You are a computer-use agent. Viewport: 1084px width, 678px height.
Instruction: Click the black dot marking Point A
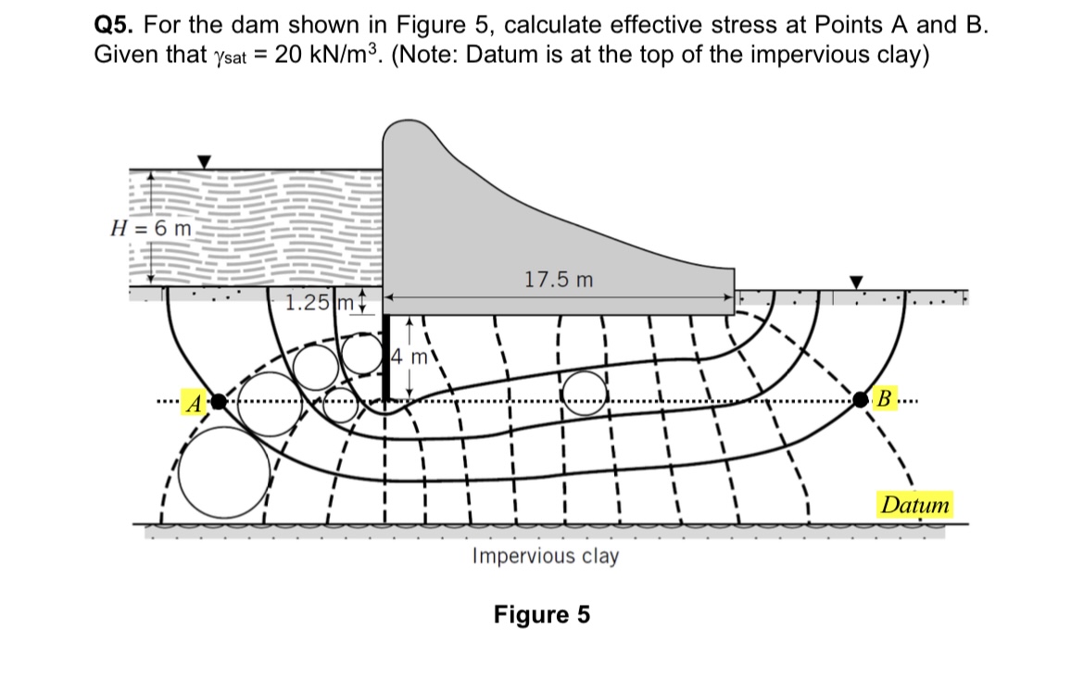point(219,402)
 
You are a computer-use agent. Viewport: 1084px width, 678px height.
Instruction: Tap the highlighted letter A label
point(195,403)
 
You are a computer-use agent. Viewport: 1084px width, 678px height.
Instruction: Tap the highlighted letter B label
point(884,400)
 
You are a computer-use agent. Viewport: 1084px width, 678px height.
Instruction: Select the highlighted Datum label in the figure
point(915,506)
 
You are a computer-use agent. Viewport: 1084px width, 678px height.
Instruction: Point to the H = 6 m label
point(151,228)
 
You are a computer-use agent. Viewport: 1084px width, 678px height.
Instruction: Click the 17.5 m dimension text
point(558,279)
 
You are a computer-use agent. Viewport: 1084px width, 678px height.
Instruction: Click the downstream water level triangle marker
point(857,281)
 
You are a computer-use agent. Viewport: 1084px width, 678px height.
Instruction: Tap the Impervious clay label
point(545,556)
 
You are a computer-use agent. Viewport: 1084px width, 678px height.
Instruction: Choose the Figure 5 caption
point(542,615)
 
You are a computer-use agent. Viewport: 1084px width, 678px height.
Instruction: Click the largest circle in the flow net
point(219,472)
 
